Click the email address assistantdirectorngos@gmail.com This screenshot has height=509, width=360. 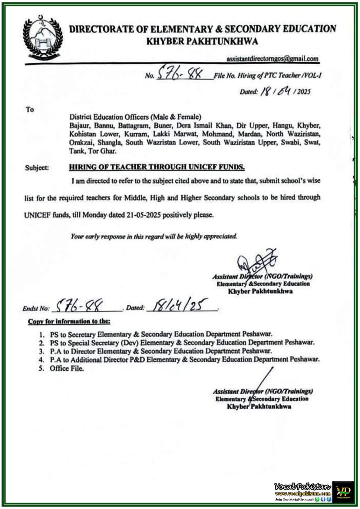[x=272, y=59]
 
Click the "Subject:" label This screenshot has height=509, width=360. [x=37, y=168]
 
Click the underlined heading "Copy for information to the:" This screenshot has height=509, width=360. [x=69, y=321]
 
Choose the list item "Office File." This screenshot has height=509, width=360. [x=67, y=368]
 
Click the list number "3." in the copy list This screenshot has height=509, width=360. [x=41, y=351]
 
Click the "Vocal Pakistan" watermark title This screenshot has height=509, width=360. [x=302, y=487]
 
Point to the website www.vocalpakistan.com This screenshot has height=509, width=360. [x=303, y=494]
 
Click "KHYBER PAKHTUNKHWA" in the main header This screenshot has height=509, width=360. [x=202, y=41]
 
